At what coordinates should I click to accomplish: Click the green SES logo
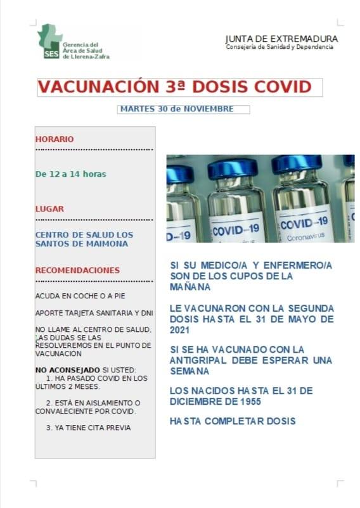50,41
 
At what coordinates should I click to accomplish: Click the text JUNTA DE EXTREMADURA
281,39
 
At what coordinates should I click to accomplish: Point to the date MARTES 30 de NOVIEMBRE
176,109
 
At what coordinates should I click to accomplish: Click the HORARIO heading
55,139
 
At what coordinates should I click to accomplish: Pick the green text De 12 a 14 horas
70,174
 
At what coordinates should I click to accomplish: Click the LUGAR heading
49,208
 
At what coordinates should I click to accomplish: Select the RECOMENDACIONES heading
77,270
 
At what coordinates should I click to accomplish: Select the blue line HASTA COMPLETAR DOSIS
233,421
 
